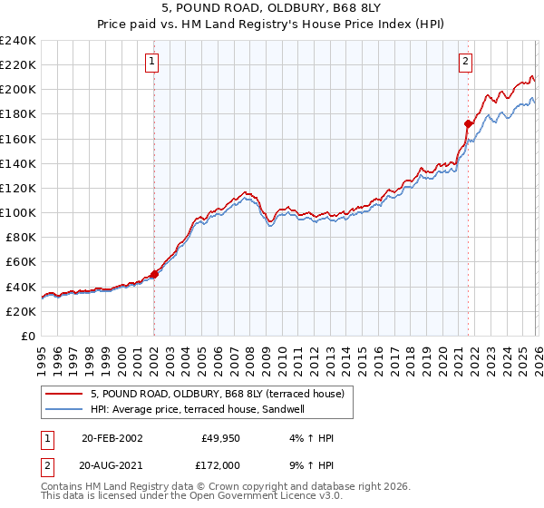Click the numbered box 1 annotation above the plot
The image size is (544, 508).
point(151,62)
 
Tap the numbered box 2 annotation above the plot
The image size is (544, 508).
point(465,62)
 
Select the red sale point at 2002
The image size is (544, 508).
point(154,273)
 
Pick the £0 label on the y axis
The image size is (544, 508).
point(27,336)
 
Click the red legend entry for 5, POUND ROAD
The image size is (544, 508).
point(217,395)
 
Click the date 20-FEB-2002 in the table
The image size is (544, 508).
point(112,438)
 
